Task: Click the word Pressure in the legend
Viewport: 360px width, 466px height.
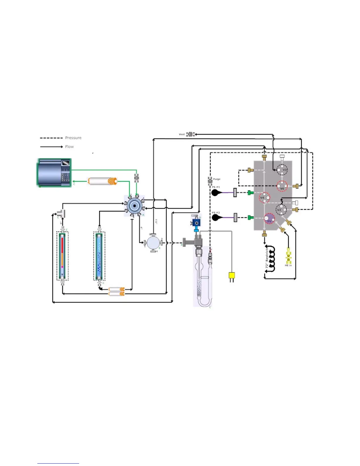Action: [73, 138]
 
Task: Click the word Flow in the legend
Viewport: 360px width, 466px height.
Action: [69, 147]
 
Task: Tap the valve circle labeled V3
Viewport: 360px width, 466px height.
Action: [282, 170]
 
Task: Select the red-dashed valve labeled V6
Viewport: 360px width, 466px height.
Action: [282, 186]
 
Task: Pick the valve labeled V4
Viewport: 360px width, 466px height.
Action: [264, 197]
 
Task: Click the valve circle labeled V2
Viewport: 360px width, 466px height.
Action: [281, 210]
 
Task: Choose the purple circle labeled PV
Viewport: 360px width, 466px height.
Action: [269, 219]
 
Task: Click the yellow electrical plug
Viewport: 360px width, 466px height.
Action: [232, 276]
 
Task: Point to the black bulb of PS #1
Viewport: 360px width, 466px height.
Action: [216, 193]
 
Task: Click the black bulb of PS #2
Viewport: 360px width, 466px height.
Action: [216, 218]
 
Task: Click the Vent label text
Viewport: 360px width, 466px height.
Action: [182, 134]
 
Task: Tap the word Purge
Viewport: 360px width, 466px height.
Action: [217, 179]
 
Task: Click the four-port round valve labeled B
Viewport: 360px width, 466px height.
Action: [153, 243]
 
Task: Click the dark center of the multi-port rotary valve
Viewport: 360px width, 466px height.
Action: [135, 205]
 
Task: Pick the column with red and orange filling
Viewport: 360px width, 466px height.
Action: [62, 255]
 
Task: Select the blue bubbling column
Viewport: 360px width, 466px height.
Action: [99, 255]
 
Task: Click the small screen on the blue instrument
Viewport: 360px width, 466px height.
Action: [66, 163]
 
